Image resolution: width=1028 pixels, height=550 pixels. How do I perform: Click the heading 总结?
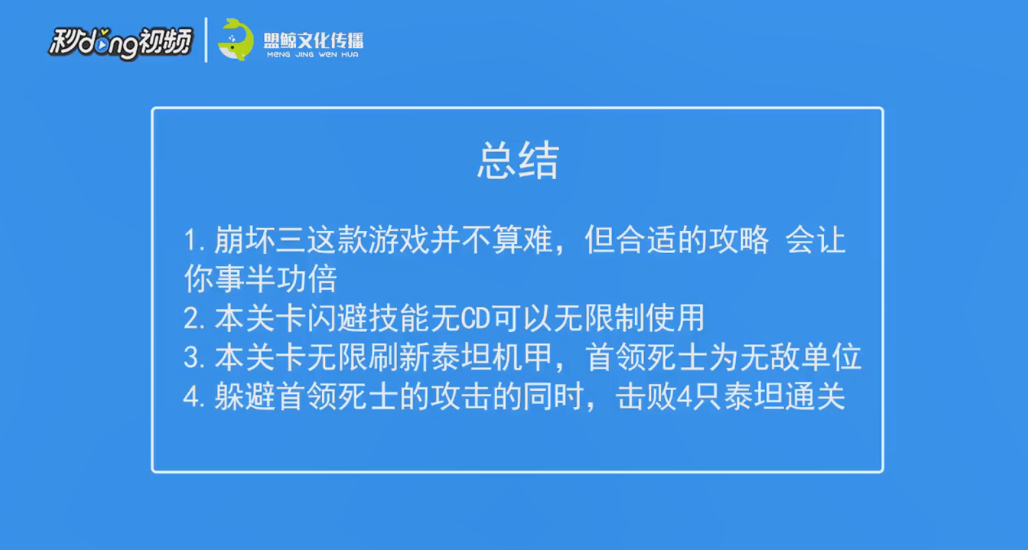(x=518, y=160)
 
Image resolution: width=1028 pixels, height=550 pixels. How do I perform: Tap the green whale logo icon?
(x=235, y=40)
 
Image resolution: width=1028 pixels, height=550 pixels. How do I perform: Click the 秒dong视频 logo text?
(x=120, y=42)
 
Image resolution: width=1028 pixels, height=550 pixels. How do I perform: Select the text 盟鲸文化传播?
(x=314, y=40)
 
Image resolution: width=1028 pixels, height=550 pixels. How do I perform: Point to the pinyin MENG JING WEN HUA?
(x=312, y=54)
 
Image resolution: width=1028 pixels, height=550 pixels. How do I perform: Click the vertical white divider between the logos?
(x=206, y=40)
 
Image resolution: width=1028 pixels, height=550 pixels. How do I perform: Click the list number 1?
(x=192, y=240)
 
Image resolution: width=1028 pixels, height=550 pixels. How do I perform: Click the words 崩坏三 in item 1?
(x=259, y=240)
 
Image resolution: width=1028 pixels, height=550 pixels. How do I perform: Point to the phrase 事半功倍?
(x=276, y=279)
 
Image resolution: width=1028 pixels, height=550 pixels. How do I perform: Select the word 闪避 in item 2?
(x=337, y=318)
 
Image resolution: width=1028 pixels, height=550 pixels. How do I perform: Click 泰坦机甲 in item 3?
(x=491, y=357)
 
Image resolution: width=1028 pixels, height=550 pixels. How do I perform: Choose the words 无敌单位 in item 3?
(x=800, y=357)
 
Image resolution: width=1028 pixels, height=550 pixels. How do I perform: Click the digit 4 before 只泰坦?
(x=684, y=397)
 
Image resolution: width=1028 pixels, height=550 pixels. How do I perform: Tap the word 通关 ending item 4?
(x=815, y=397)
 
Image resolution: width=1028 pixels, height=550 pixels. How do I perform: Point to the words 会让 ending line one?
(x=815, y=240)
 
